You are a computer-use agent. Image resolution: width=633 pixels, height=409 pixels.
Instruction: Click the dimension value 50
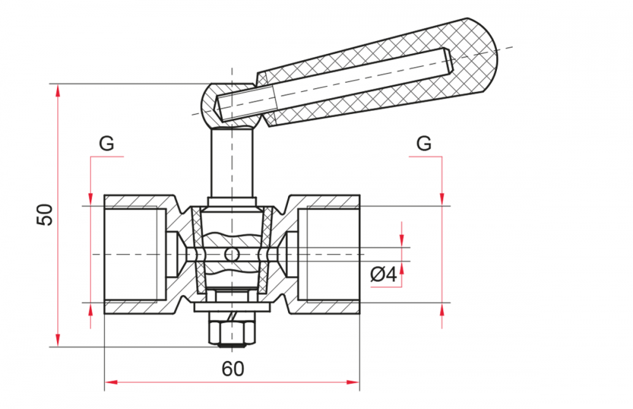point(45,215)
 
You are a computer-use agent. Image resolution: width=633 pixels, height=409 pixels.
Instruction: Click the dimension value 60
point(233,368)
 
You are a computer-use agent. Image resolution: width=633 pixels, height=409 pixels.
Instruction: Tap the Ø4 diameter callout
point(384,275)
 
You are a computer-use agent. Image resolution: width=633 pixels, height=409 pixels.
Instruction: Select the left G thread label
point(106,143)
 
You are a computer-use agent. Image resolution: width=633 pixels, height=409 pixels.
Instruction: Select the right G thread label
point(424,143)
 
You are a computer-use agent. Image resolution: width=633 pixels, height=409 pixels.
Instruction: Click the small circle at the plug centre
point(232,255)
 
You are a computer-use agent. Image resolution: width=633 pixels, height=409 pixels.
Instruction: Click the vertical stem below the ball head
point(232,161)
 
